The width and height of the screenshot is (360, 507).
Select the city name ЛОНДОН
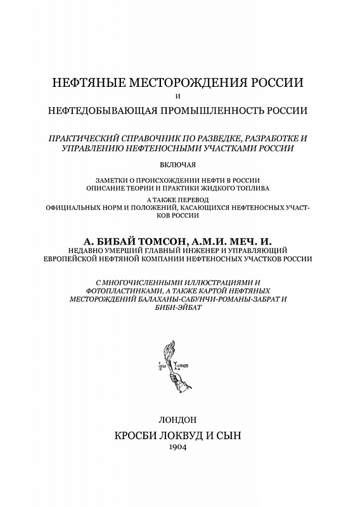(x=180, y=420)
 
